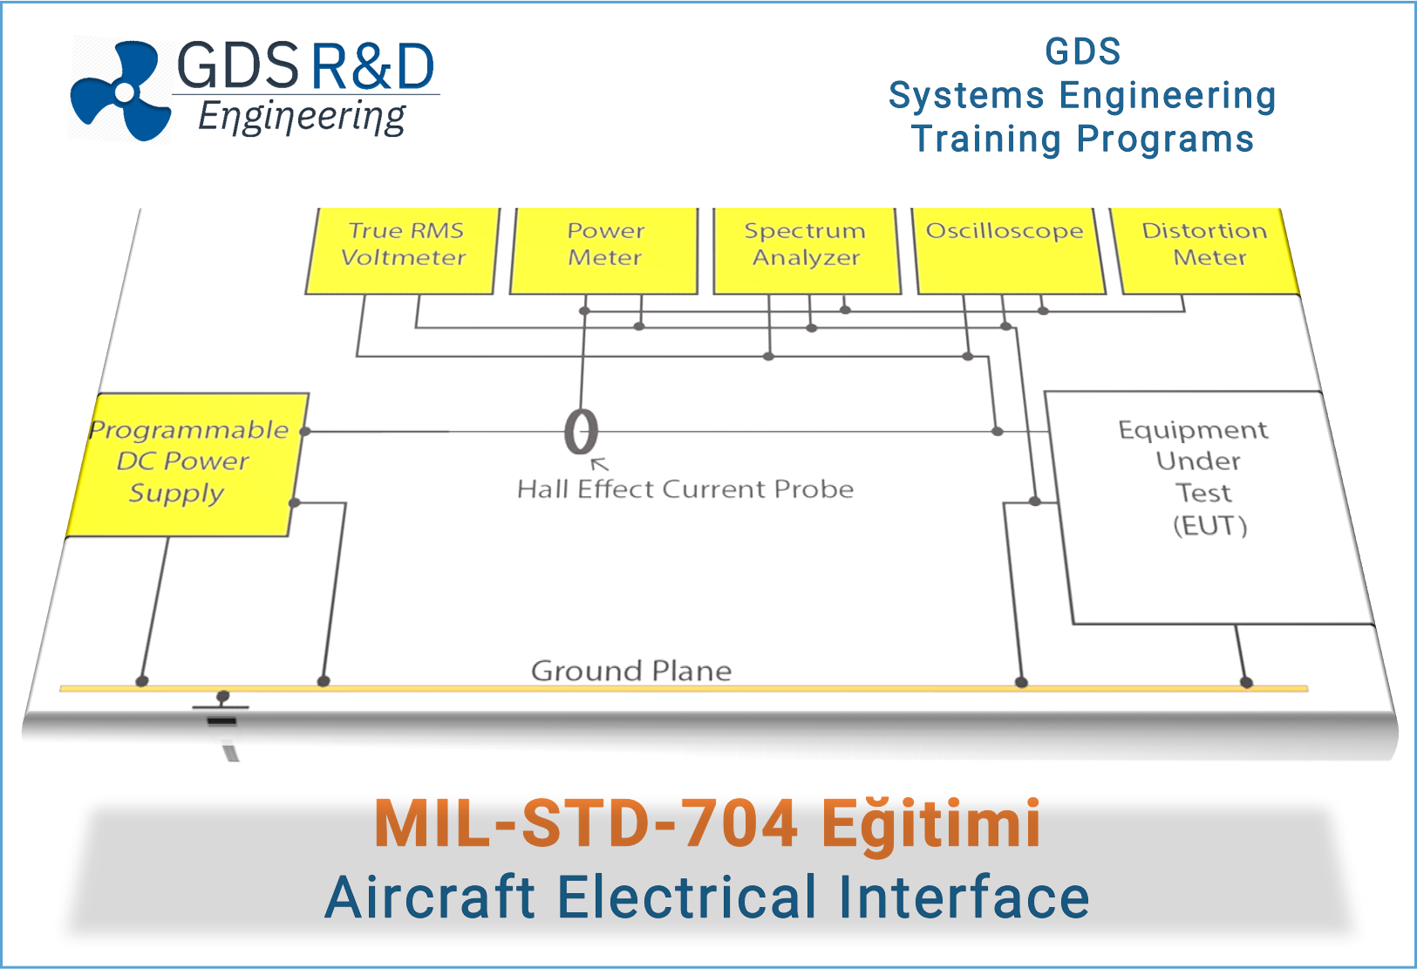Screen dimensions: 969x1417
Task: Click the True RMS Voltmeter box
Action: [x=403, y=249]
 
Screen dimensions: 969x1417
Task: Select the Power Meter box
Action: [x=604, y=249]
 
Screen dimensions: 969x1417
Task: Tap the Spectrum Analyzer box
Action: [x=807, y=249]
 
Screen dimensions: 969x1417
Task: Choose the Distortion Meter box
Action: [x=1207, y=249]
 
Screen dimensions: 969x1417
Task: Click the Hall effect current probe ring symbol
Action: [x=581, y=432]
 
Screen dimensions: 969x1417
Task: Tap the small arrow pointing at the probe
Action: [x=600, y=464]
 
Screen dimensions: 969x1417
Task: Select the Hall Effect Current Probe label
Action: [x=685, y=489]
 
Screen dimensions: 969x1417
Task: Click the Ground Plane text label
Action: [x=631, y=671]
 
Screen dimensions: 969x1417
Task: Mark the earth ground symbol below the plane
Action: [x=221, y=709]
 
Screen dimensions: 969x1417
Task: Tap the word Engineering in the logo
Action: [x=302, y=117]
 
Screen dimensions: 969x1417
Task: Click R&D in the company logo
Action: [x=372, y=67]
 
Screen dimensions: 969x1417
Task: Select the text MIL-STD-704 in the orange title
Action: [x=585, y=823]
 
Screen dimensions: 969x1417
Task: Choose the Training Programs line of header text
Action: [x=1082, y=140]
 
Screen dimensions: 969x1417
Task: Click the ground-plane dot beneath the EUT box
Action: [x=1246, y=682]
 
